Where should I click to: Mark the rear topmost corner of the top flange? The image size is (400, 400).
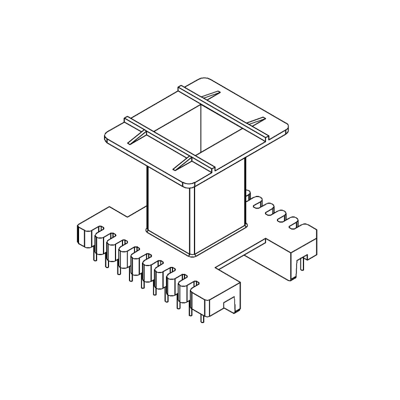(204, 79)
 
